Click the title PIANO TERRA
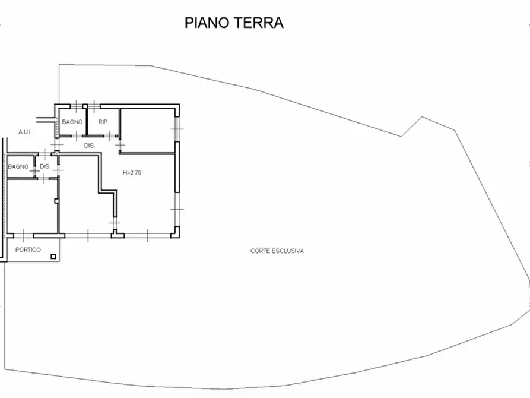click(234, 23)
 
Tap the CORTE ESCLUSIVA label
click(277, 251)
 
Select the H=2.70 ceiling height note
click(131, 173)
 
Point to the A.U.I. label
click(25, 132)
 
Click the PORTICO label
click(28, 250)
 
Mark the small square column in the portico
click(53, 257)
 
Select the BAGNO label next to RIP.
click(72, 122)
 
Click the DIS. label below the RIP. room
click(90, 146)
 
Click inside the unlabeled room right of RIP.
click(148, 125)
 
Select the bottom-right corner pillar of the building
click(175, 233)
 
